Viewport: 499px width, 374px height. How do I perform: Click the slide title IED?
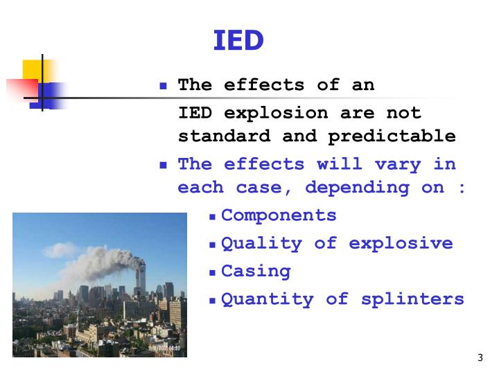point(238,41)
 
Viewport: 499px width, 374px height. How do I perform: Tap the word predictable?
point(392,136)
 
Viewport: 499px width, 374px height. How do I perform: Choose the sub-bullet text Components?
point(279,215)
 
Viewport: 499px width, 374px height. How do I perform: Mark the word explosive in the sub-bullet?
point(401,244)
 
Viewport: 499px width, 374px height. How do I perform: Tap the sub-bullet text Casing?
point(256,271)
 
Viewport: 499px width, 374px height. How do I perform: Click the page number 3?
point(480,358)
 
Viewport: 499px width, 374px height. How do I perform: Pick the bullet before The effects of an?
point(164,87)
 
